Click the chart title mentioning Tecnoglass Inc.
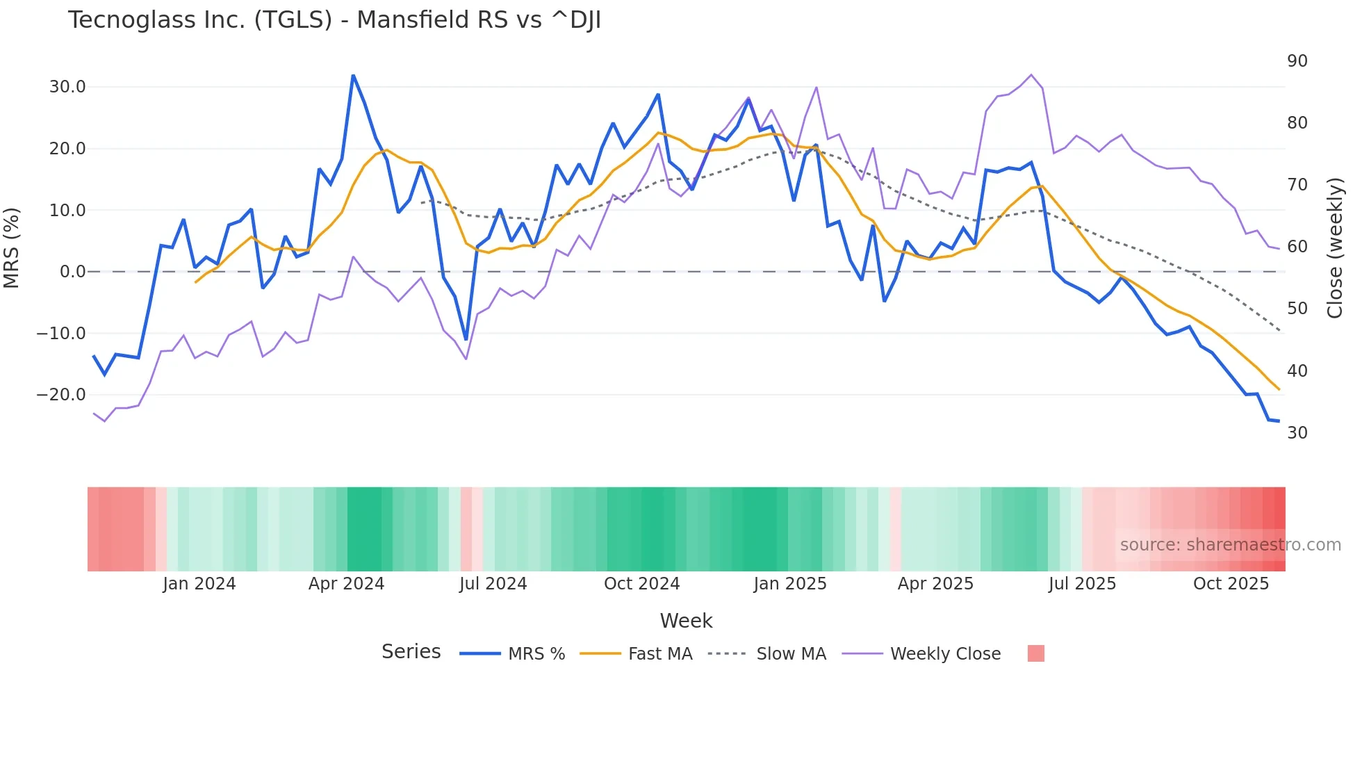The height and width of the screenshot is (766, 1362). pyautogui.click(x=334, y=20)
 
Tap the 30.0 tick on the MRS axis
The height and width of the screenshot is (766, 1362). pyautogui.click(x=67, y=87)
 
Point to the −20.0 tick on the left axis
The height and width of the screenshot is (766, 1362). pyautogui.click(x=61, y=395)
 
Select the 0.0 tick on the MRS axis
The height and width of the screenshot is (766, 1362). pyautogui.click(x=72, y=272)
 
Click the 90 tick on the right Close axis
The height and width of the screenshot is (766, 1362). pyautogui.click(x=1297, y=61)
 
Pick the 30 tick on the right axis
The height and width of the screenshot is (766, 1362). pyautogui.click(x=1297, y=432)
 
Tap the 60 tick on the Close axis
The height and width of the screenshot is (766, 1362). pyautogui.click(x=1297, y=247)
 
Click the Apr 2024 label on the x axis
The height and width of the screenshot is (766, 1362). pyautogui.click(x=346, y=584)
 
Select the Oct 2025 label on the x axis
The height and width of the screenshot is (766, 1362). pyautogui.click(x=1231, y=584)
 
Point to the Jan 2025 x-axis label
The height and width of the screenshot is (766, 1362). pyautogui.click(x=790, y=584)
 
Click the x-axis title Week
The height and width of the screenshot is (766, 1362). pyautogui.click(x=686, y=621)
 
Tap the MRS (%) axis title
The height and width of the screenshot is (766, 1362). pyautogui.click(x=12, y=247)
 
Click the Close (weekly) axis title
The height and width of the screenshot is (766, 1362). pyautogui.click(x=1335, y=247)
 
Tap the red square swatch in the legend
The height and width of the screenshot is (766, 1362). pyautogui.click(x=1035, y=653)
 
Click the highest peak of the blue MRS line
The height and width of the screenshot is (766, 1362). pyautogui.click(x=353, y=76)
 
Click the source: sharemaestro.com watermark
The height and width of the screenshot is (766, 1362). pyautogui.click(x=1230, y=545)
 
